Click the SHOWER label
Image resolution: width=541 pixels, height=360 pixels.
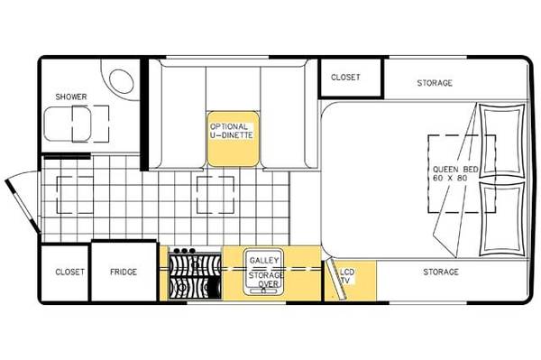71,97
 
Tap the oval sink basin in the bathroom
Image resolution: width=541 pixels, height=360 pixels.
122,81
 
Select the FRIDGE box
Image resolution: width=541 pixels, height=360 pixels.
124,271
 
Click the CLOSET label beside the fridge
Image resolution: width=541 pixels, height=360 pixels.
69,272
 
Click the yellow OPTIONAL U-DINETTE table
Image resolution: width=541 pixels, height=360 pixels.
233,139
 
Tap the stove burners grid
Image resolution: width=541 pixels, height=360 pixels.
195,277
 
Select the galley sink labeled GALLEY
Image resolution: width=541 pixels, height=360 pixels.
263,272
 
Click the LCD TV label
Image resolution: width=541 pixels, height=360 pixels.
347,276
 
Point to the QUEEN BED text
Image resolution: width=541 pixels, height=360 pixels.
455,170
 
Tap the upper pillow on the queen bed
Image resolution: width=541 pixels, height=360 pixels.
502,141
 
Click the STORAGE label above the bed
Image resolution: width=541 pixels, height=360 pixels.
435,83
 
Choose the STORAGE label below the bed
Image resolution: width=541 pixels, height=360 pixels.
441,272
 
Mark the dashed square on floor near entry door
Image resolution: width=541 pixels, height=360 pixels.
75,195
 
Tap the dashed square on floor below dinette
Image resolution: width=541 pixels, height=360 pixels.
215,195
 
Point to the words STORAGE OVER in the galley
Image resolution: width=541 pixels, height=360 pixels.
266,280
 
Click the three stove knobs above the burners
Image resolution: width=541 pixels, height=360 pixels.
185,251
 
